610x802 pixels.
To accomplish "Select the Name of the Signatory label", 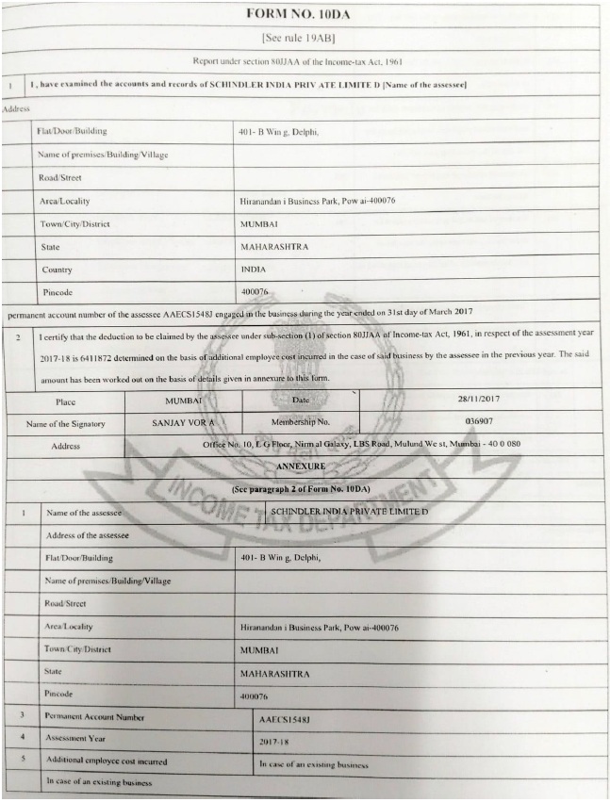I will [x=66, y=424].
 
